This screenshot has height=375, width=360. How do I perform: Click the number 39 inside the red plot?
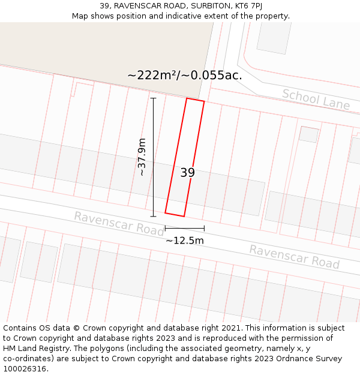187,173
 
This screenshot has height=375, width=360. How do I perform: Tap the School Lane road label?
316,99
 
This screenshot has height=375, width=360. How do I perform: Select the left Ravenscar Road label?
119,223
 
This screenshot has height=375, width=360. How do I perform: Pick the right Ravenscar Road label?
294,257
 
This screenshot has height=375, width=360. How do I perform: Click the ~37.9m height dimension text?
142,157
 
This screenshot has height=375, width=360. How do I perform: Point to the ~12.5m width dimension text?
185,241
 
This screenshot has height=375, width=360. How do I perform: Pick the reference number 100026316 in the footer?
25,369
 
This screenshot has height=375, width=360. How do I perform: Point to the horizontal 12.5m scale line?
184,228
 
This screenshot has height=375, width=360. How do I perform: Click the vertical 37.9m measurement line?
153,157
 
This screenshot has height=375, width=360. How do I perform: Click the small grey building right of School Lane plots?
308,134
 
